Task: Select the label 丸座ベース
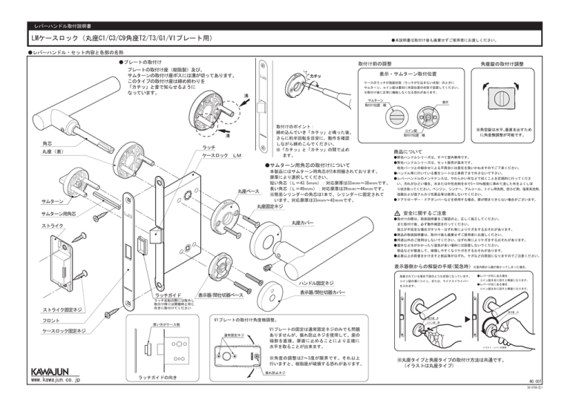pos(228,191)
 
